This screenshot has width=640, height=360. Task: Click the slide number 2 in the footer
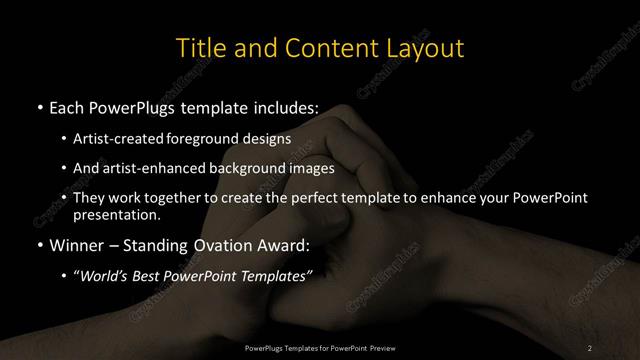click(x=590, y=347)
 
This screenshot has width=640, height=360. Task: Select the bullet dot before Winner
click(x=38, y=244)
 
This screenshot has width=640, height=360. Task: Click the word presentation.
click(x=116, y=214)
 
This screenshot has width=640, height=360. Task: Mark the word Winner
click(x=75, y=244)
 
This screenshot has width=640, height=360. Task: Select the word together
click(x=172, y=198)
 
